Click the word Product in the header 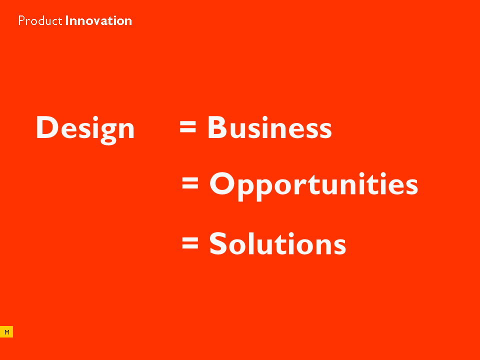(x=40, y=20)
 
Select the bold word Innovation (x=98, y=20)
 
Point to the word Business (x=269, y=127)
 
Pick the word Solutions (x=277, y=243)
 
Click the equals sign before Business (x=187, y=126)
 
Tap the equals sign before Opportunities (x=190, y=183)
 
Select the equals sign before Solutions (x=190, y=243)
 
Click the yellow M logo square (x=6, y=332)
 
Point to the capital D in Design (x=47, y=127)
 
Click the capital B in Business (x=217, y=127)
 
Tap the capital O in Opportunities (x=222, y=183)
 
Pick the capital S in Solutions (x=218, y=243)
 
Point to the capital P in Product (x=21, y=20)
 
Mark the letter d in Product (x=41, y=20)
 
